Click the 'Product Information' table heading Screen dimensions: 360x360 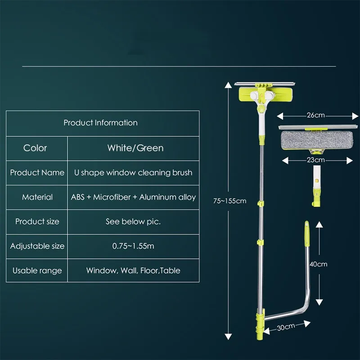click(100, 123)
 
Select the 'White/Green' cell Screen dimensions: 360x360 click(135, 148)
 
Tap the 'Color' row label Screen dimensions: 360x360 click(35, 148)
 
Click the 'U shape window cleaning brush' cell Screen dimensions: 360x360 click(133, 173)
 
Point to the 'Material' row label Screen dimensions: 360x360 click(37, 197)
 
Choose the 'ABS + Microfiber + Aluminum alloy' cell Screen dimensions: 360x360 click(133, 197)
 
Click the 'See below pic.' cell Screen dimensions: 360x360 click(133, 221)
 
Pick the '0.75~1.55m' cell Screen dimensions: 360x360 click(133, 246)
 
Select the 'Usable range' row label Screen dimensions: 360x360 click(37, 270)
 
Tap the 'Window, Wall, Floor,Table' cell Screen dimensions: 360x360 click(133, 270)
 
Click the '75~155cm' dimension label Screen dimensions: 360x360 click(229, 201)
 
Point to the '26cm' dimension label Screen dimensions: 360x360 click(316, 115)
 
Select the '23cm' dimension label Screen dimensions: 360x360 click(316, 160)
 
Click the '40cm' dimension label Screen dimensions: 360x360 click(319, 264)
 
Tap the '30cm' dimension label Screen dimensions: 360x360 click(286, 327)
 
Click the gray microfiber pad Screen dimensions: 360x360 click(317, 140)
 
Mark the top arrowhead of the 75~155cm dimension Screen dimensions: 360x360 click(228, 85)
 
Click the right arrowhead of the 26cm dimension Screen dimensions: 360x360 click(355, 116)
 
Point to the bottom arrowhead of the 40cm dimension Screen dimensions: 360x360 click(319, 302)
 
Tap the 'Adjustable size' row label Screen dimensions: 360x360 click(37, 246)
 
